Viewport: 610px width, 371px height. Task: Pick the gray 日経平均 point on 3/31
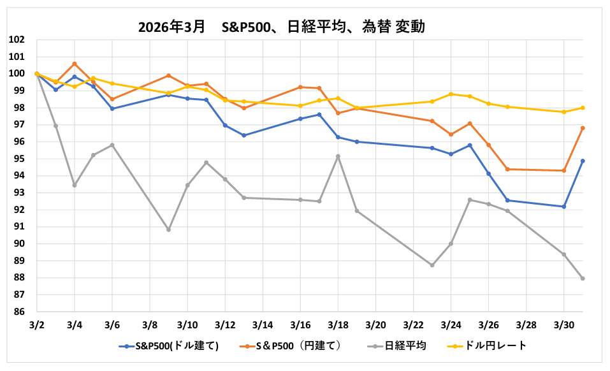583,279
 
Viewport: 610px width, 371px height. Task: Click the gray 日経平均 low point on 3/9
169,229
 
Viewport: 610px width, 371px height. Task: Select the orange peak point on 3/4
75,64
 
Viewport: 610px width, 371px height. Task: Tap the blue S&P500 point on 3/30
564,207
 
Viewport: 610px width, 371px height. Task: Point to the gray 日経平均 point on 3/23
432,265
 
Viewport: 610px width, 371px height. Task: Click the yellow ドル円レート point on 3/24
451,94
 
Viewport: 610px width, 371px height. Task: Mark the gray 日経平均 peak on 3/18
338,156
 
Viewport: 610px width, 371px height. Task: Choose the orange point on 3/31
583,128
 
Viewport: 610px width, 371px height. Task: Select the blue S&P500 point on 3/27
507,200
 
